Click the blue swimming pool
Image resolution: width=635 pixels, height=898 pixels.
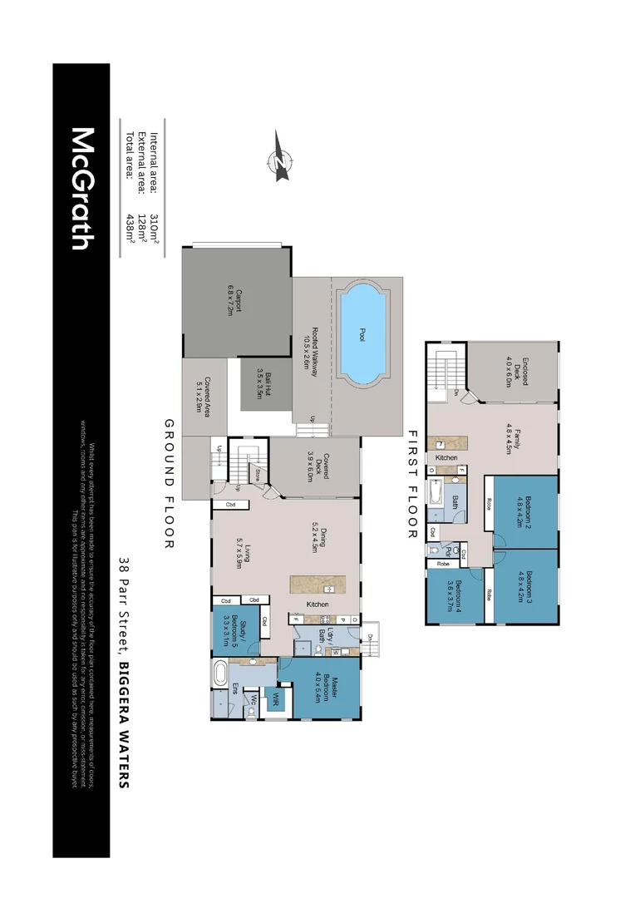pos(362,333)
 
